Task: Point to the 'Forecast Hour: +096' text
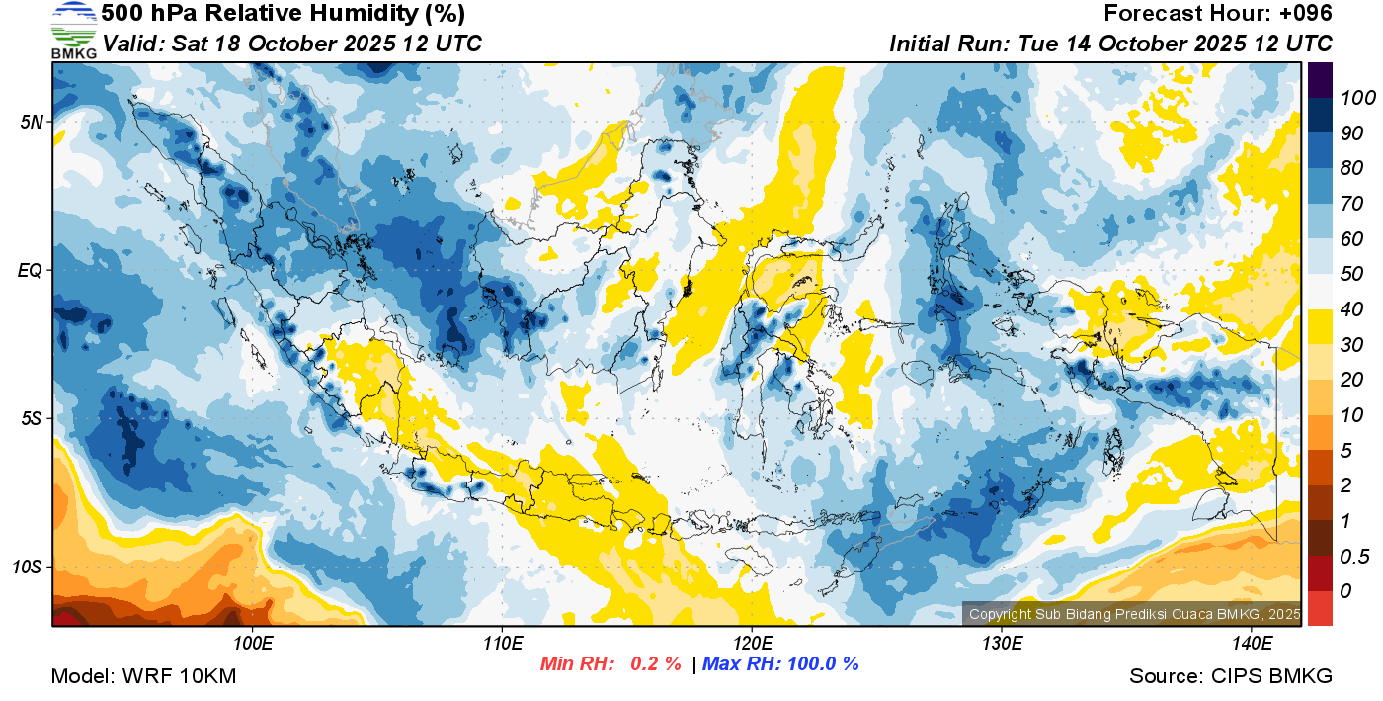tap(1218, 14)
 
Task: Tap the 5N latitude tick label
tap(31, 122)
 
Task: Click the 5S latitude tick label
tap(31, 418)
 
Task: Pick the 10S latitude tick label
tap(27, 567)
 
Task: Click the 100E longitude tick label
tap(254, 644)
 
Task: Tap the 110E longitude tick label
tap(503, 644)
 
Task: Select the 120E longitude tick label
tap(752, 644)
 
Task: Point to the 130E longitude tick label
tap(1002, 644)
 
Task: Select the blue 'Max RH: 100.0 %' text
tap(779, 663)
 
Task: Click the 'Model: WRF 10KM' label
tap(143, 677)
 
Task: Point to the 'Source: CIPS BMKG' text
tap(1231, 677)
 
